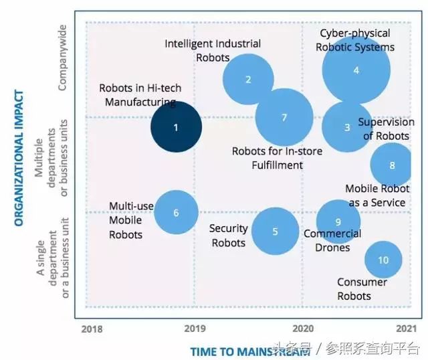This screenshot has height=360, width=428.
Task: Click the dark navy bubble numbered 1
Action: pos(176,126)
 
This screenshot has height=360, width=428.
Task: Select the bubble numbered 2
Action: pos(248,80)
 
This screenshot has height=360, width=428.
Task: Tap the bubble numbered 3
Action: pos(347,127)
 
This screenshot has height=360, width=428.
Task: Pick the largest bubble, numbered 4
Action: pos(356,70)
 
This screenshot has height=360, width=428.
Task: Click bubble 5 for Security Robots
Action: pos(275,232)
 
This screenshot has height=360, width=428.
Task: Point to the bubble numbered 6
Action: pos(176,213)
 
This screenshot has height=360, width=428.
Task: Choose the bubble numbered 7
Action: pos(284,117)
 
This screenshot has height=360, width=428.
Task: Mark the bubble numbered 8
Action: pos(392,165)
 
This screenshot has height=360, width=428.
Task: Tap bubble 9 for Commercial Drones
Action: pos(338,222)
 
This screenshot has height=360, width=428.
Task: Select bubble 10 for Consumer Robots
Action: pos(383,260)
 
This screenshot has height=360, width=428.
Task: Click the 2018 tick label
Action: pos(92,329)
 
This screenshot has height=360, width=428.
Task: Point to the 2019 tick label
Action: pos(194,329)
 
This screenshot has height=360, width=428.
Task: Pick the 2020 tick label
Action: pos(303,329)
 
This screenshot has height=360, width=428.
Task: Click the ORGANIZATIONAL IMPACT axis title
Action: pos(19,157)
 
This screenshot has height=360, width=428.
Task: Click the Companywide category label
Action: pos(62,59)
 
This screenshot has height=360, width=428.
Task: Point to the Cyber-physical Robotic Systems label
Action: pos(356,39)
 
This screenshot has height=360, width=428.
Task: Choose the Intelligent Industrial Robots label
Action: pos(213,50)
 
